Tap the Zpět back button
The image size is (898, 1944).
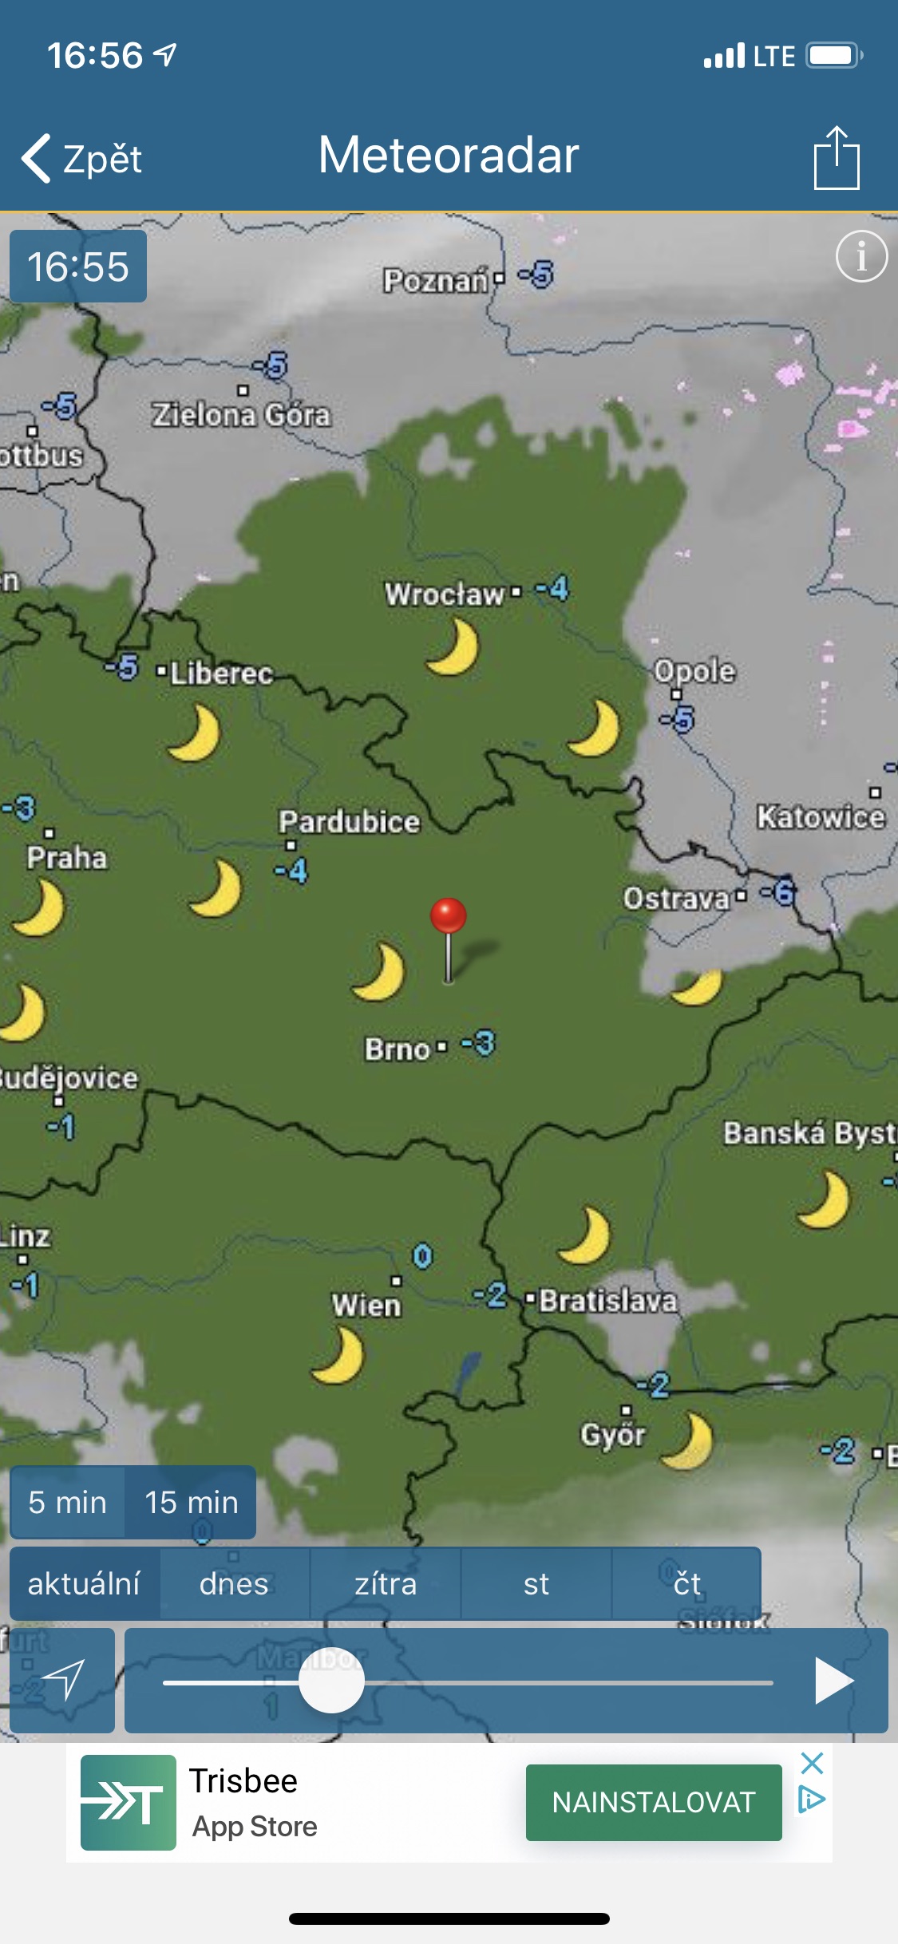click(x=82, y=158)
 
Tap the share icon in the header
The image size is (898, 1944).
click(x=837, y=158)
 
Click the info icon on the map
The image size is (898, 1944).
click(x=861, y=257)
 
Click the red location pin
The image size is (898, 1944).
click(x=449, y=918)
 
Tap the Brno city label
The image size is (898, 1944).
click(x=398, y=1049)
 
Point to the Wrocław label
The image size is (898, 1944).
click(x=444, y=594)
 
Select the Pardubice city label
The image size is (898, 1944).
click(x=349, y=822)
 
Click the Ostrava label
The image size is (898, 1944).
click(x=676, y=899)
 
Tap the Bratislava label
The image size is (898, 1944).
click(x=608, y=1301)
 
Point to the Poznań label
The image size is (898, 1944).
click(x=435, y=281)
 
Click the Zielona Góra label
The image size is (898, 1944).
click(x=241, y=415)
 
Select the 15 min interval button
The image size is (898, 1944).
click(x=191, y=1502)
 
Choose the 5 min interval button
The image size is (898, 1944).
click(x=67, y=1502)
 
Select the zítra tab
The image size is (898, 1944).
click(x=386, y=1583)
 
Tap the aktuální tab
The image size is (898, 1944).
click(x=84, y=1583)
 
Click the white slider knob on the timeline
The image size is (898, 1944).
click(x=332, y=1680)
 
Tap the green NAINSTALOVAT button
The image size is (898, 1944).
click(x=654, y=1802)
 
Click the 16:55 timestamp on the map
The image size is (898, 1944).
click(x=78, y=267)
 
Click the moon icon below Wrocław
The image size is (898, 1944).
click(x=453, y=647)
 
